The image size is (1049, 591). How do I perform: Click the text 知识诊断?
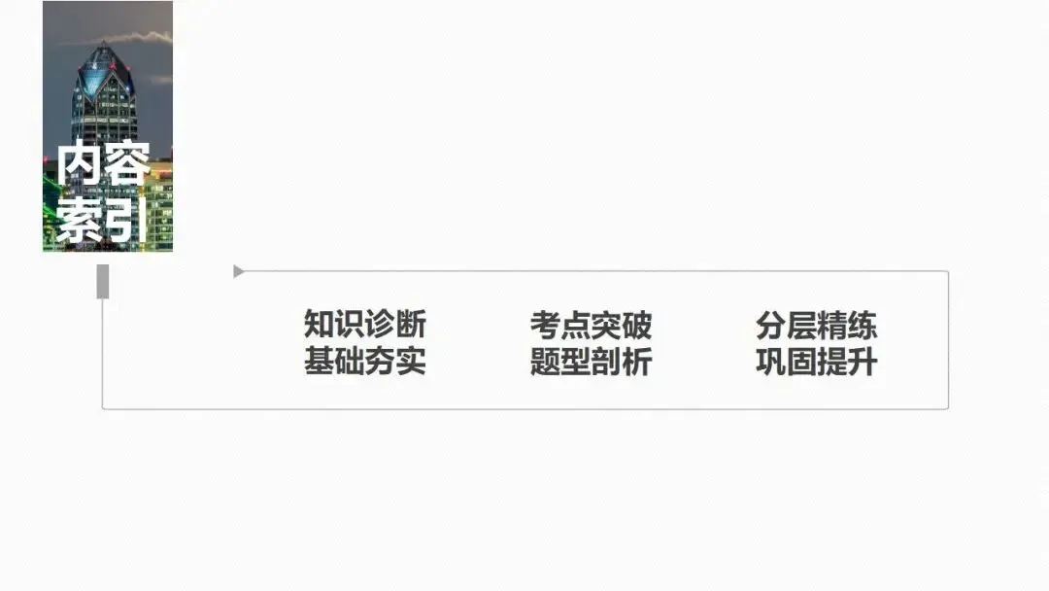coord(364,325)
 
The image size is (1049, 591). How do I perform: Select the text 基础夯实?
coord(364,362)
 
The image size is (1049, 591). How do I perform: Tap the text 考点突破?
coord(591,325)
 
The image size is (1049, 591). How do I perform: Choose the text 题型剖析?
coord(591,362)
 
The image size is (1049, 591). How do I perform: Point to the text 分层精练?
coord(816,325)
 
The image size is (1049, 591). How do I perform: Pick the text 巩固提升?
coord(816,362)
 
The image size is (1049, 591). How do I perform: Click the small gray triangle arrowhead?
coord(238,272)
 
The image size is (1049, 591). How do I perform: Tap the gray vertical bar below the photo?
coord(103,282)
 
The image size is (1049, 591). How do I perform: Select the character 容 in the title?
coord(124,165)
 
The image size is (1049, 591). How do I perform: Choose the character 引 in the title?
coord(124,220)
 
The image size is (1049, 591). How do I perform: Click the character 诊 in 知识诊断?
coord(380,325)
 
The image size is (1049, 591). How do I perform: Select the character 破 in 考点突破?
coord(636,325)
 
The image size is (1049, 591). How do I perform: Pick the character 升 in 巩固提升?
coord(862,362)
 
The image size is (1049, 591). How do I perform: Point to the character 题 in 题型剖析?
coord(545,362)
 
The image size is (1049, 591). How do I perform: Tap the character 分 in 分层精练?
coord(770,325)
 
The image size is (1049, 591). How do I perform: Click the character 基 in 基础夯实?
coord(319,362)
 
